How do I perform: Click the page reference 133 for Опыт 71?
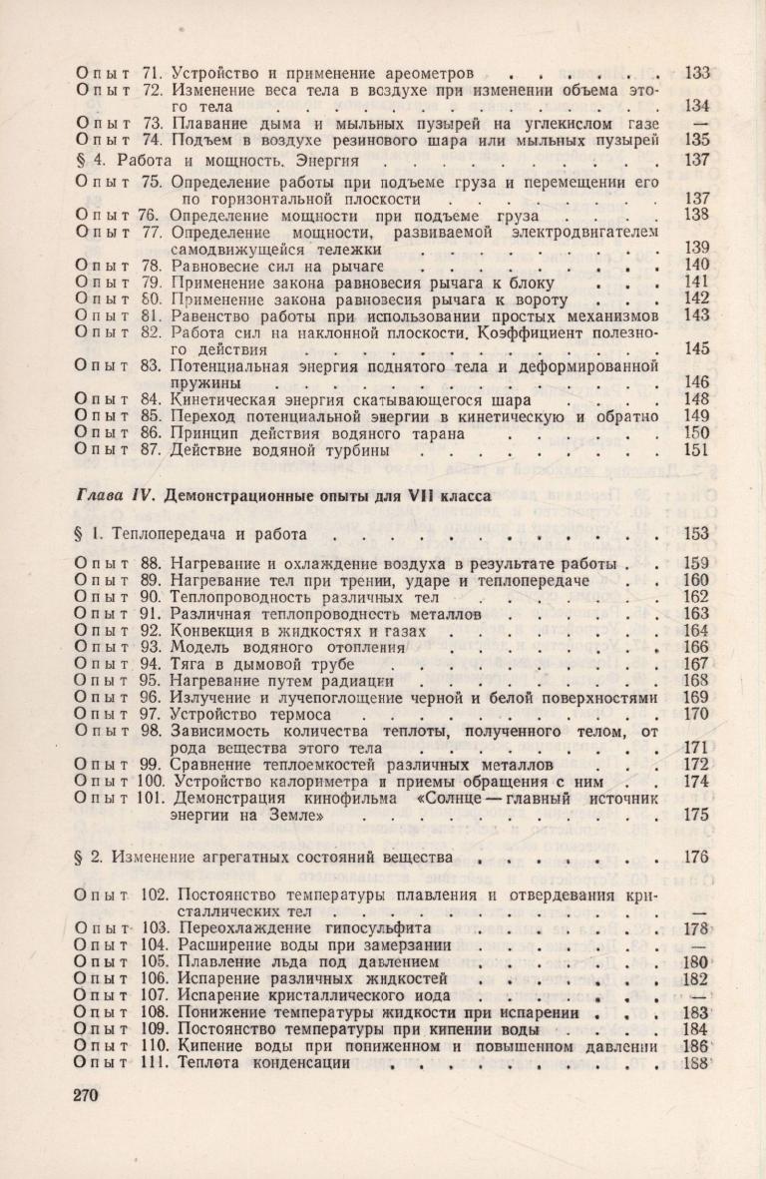(x=697, y=72)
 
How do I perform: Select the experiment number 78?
(x=153, y=265)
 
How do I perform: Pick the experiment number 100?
(x=153, y=781)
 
